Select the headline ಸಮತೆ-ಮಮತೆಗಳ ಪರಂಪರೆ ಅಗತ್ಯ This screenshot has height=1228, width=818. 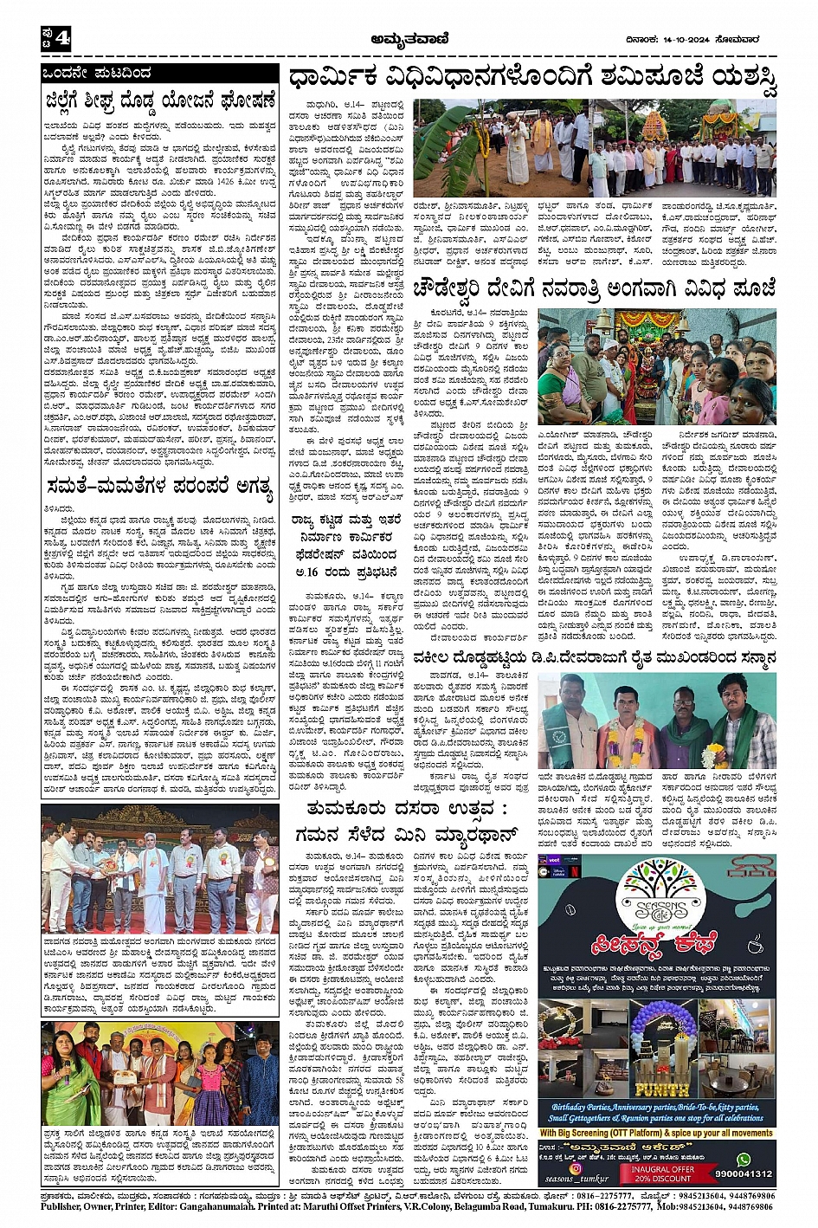tap(159, 487)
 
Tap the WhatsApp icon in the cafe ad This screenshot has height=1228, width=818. tap(743, 1160)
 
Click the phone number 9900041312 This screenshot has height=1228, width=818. tap(744, 1175)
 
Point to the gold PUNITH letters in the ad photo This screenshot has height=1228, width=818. tap(662, 1089)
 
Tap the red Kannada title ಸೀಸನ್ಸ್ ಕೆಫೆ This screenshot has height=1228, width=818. tap(655, 949)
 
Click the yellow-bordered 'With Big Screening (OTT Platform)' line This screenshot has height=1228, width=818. tap(656, 1132)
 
